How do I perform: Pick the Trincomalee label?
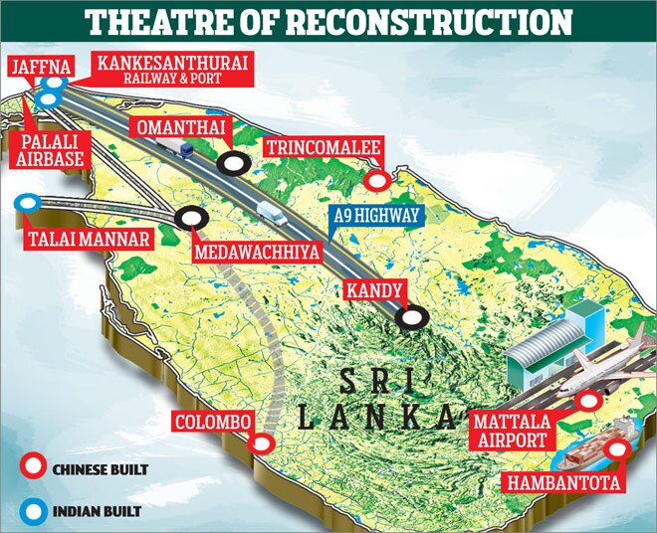(323, 148)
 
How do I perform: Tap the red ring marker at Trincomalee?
(376, 181)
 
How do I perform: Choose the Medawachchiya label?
(258, 254)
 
